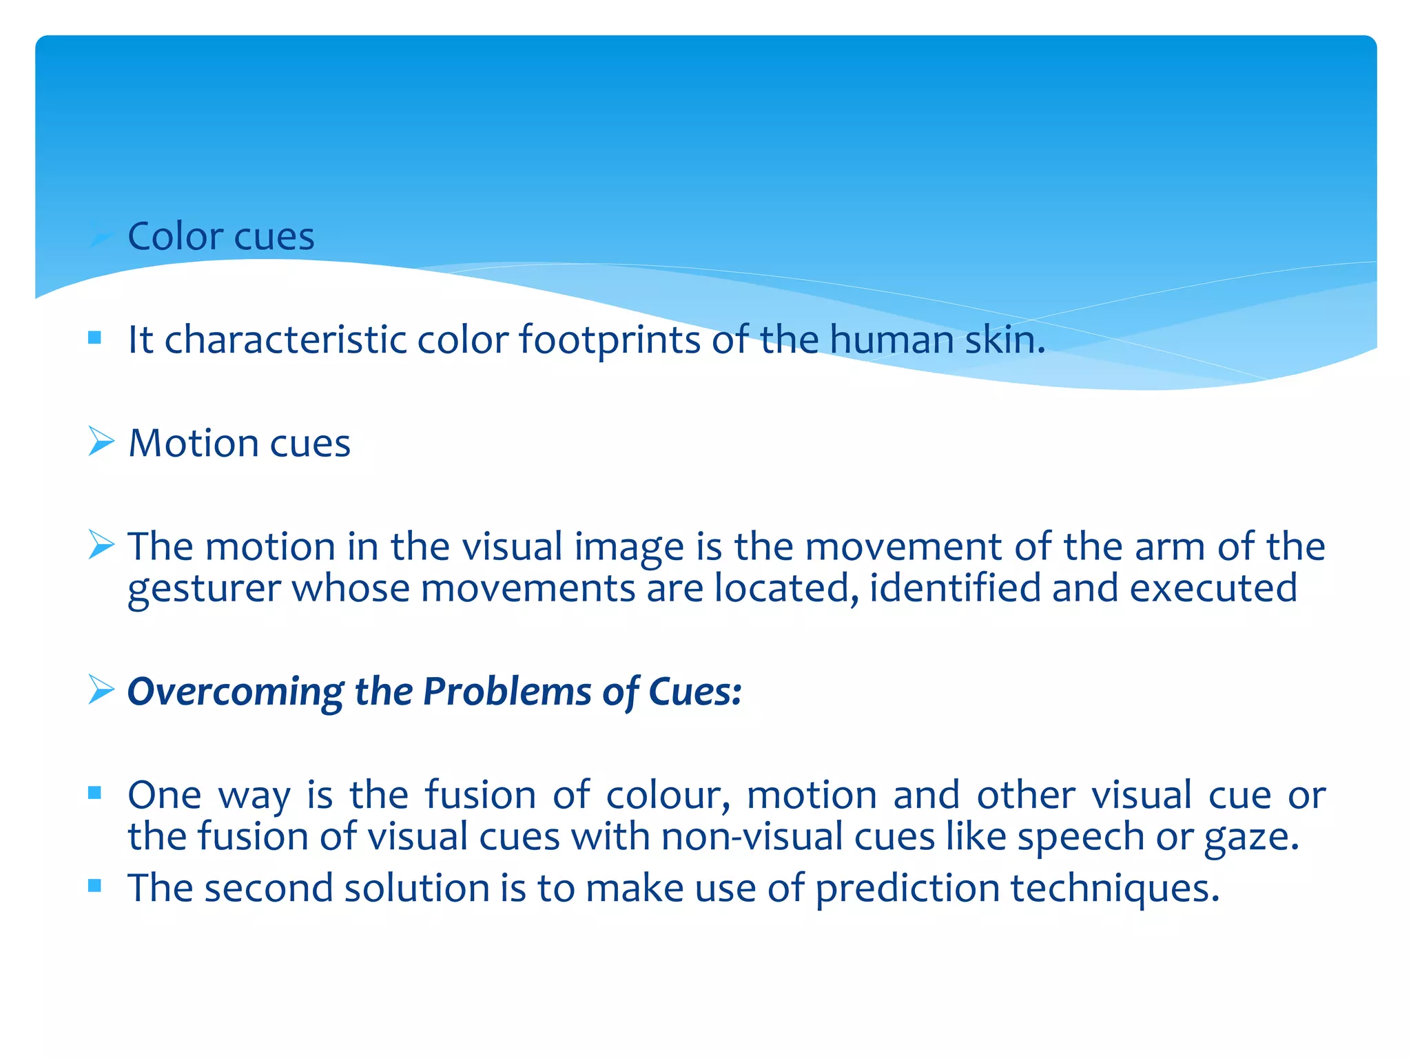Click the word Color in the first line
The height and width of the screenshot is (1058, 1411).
pos(174,236)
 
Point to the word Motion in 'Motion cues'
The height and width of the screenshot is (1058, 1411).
pos(193,443)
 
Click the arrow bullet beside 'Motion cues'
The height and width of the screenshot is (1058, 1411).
pos(101,441)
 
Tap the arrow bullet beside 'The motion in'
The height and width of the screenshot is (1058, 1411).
pos(101,545)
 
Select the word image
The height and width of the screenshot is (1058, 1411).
pos(629,548)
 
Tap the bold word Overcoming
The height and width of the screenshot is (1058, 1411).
pos(235,692)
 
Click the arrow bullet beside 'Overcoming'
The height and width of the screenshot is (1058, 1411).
pos(101,689)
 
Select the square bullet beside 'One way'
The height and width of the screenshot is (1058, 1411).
pos(95,793)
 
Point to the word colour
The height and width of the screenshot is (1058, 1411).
pos(668,796)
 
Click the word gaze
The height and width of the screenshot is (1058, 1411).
pos(1250,838)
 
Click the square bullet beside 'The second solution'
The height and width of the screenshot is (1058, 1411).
pos(95,886)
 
